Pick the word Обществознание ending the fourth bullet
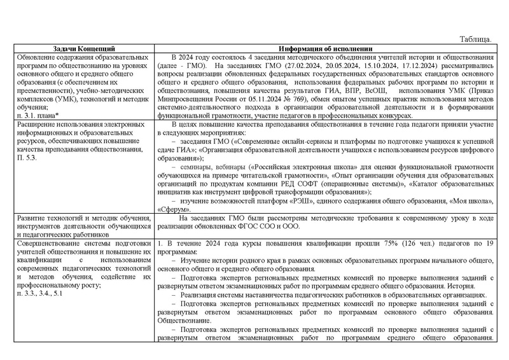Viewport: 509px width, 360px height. (x=184, y=321)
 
